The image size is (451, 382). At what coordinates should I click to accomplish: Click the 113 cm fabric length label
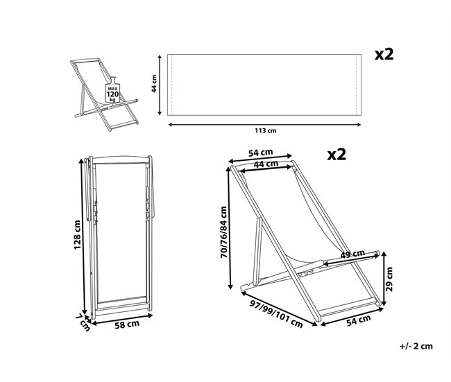coord(266,131)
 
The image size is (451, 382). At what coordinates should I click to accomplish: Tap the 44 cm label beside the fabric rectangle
coord(154,84)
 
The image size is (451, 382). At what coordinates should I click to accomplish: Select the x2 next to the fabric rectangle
coord(384,54)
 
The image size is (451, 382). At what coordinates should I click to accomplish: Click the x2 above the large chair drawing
coord(337,155)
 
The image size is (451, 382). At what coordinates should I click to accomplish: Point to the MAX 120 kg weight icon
coord(112,90)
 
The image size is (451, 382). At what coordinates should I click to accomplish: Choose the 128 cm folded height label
coord(77,235)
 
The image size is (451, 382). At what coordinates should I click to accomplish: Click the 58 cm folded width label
coord(127,324)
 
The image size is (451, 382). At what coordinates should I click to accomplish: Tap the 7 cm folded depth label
coord(83,322)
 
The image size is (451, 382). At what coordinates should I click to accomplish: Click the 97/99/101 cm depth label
coord(276,314)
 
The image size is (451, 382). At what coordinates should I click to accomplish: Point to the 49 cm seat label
coord(352,254)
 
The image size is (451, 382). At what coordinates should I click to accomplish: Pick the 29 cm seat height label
coord(389,279)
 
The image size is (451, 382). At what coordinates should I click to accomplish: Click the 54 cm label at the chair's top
coord(261,153)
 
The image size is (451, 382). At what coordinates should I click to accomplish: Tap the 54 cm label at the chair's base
coord(359,320)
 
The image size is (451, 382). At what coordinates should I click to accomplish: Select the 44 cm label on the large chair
coord(266,164)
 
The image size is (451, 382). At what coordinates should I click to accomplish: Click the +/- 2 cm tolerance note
coord(416,346)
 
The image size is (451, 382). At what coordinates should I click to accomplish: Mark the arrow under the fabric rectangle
coord(264,125)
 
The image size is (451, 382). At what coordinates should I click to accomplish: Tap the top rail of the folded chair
coord(121,159)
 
